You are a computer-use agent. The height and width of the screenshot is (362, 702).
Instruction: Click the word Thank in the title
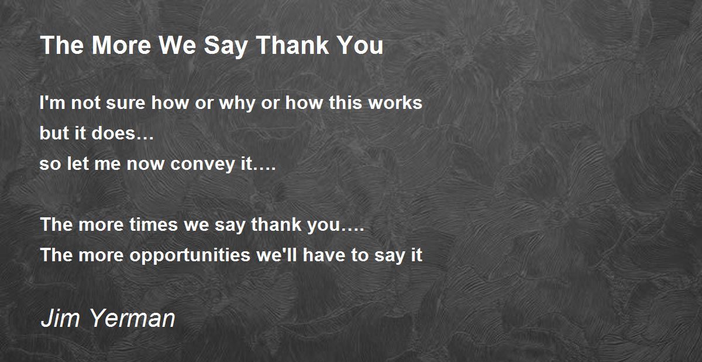(x=292, y=45)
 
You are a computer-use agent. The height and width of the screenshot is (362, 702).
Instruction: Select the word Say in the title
(x=225, y=47)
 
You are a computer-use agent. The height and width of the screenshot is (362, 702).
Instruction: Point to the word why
(x=237, y=104)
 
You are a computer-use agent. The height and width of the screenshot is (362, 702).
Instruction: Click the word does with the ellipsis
(x=122, y=133)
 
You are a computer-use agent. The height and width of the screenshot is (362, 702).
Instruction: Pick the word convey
(x=202, y=165)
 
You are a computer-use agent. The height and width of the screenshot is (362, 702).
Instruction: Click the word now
(x=146, y=165)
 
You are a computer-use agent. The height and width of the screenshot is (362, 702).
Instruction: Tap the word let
(x=78, y=163)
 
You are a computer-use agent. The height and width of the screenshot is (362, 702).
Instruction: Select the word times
(x=153, y=224)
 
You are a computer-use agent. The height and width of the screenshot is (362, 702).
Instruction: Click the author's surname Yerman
(x=132, y=318)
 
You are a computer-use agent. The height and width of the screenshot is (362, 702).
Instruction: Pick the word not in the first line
(x=85, y=103)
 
